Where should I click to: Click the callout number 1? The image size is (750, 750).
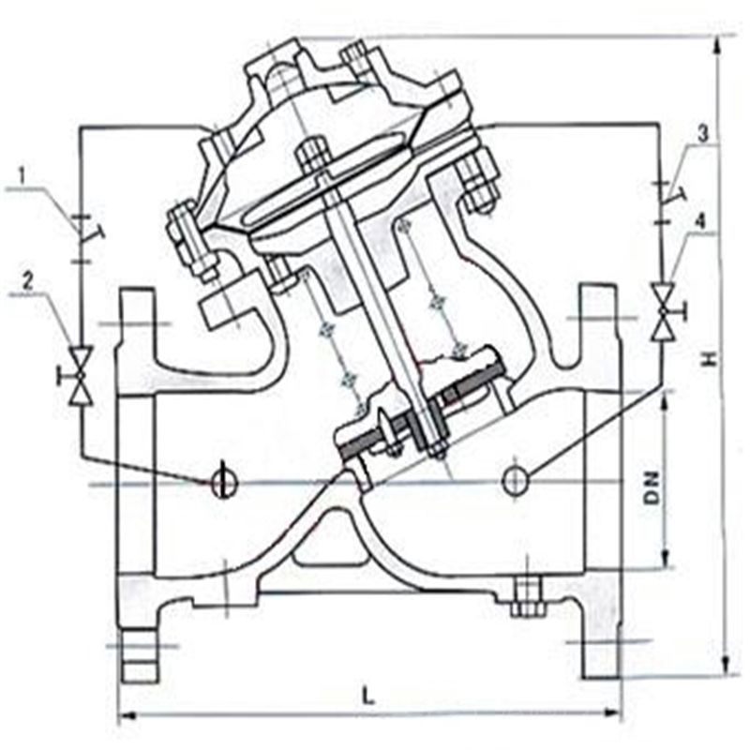tap(21, 175)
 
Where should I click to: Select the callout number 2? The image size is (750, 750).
tap(28, 282)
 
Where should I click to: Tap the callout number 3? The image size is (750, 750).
tap(701, 134)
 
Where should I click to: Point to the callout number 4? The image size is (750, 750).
tap(700, 221)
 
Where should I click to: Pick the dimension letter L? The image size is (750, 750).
tap(367, 696)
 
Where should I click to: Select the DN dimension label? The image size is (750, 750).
tap(651, 487)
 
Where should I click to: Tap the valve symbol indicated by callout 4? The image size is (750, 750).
tap(666, 311)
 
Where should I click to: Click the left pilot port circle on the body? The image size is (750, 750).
tap(224, 481)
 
